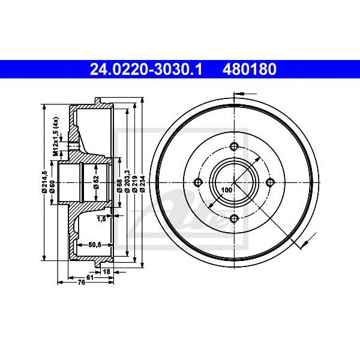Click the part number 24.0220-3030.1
point(146,70)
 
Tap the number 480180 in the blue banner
point(250,70)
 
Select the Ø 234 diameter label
point(143,184)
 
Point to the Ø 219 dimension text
point(135,184)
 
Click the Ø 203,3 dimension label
point(127,181)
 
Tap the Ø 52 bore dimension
point(96,182)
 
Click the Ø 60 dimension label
point(52,186)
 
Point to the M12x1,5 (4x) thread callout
point(56,137)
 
